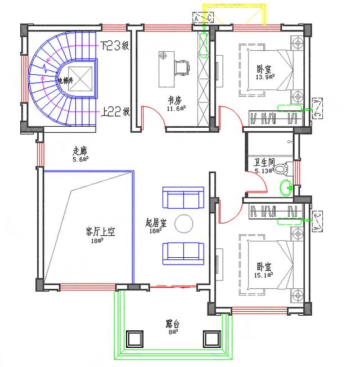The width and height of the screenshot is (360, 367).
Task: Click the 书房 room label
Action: pos(174,99)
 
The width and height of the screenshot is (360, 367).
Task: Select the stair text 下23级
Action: pos(115,46)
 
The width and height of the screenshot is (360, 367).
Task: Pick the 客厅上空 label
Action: pos(100,231)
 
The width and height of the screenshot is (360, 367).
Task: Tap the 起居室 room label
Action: pos(156,222)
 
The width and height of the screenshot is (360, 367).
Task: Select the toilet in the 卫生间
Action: pos(285,168)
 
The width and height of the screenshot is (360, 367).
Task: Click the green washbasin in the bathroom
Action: pos(285,187)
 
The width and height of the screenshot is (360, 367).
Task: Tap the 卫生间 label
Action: pos(264,163)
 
